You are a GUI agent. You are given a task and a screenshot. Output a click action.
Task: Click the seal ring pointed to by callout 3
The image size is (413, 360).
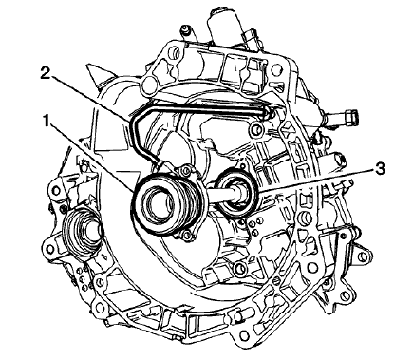pos(234,193)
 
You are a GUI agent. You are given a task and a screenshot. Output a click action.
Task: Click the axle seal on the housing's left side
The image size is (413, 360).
pos(84,234)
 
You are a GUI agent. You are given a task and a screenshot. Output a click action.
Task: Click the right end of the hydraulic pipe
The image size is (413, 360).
pos(269,112)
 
